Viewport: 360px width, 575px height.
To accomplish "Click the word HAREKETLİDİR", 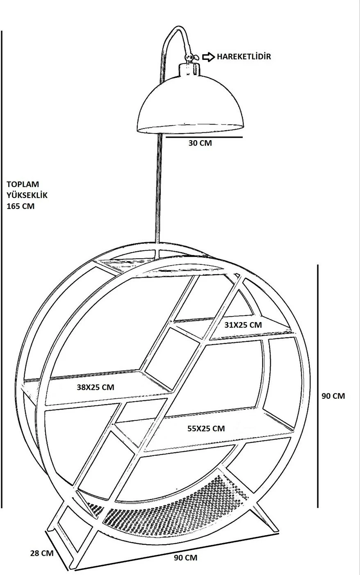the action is pyautogui.click(x=244, y=57).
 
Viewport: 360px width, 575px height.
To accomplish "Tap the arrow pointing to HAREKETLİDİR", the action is pyautogui.click(x=208, y=57).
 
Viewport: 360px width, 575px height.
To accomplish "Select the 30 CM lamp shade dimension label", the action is pyautogui.click(x=200, y=143).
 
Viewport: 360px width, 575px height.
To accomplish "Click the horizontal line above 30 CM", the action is pyautogui.click(x=204, y=137).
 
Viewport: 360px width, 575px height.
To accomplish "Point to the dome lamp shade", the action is pyautogui.click(x=190, y=104).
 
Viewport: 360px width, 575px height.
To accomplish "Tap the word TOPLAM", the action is pyautogui.click(x=23, y=184).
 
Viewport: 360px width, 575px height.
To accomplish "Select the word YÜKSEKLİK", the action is pyautogui.click(x=27, y=195).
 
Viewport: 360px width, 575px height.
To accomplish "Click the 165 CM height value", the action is pyautogui.click(x=21, y=206).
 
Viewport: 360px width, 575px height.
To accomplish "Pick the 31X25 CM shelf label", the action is pyautogui.click(x=243, y=325).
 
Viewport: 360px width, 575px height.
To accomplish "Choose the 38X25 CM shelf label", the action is pyautogui.click(x=96, y=387).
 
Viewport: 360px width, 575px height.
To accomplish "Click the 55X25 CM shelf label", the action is pyautogui.click(x=206, y=428).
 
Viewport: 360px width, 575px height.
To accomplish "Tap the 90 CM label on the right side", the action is pyautogui.click(x=333, y=396).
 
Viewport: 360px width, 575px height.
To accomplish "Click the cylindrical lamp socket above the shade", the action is pyautogui.click(x=189, y=69).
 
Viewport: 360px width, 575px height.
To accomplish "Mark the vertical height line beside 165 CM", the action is pyautogui.click(x=2, y=269).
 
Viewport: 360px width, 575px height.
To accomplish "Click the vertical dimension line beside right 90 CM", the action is pyautogui.click(x=318, y=386).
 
